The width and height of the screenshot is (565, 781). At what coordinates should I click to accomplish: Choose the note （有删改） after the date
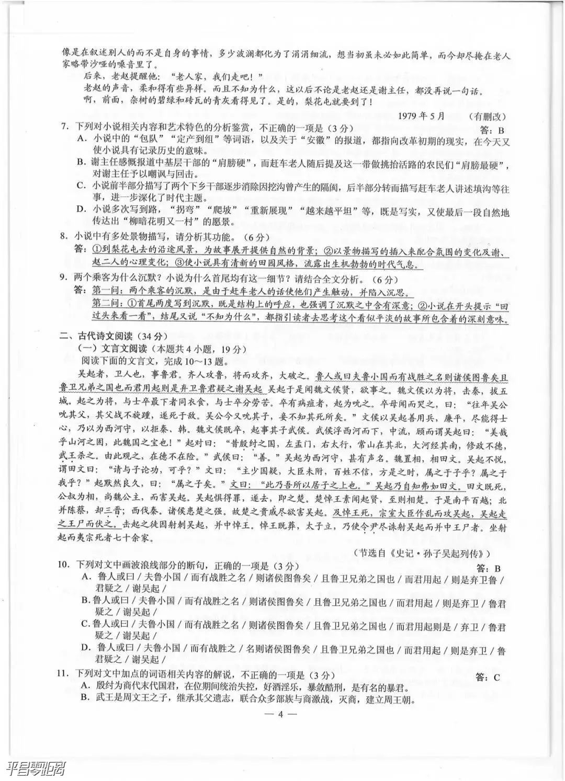(x=487, y=117)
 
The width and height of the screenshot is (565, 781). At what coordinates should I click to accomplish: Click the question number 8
(x=63, y=236)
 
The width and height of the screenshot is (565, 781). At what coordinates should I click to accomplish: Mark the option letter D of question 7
(x=81, y=209)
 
